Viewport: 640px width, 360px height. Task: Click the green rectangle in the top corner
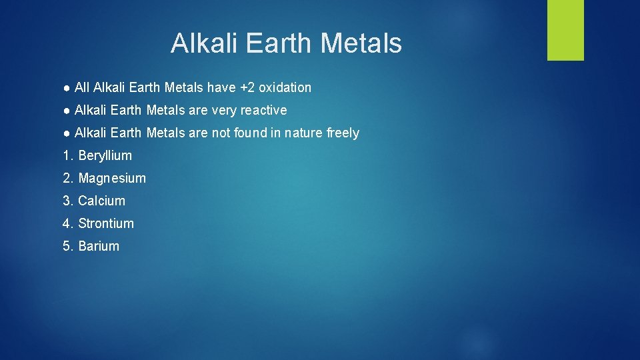point(565,30)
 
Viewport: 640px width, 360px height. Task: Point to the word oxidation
point(285,87)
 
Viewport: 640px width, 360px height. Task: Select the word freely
point(343,133)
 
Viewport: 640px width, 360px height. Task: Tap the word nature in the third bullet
point(303,133)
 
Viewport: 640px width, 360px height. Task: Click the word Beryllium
point(105,155)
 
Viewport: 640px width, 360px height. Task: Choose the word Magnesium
point(112,178)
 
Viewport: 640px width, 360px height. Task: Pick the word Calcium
point(101,201)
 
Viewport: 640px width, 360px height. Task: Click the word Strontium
point(106,223)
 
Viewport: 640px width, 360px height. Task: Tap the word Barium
point(99,246)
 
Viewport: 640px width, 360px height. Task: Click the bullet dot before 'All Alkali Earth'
point(67,87)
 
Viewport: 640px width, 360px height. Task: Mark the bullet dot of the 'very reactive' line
point(67,110)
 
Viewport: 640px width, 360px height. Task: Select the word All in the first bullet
point(82,87)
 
